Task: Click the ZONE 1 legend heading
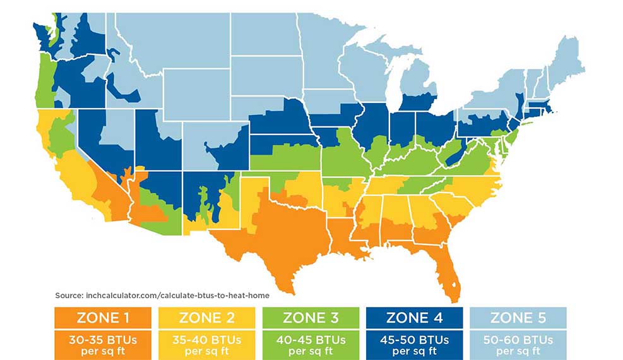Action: (x=102, y=316)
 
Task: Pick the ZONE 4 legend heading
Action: (x=414, y=316)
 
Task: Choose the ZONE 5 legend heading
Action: (x=518, y=316)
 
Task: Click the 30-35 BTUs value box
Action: (x=102, y=345)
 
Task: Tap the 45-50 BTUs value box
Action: (x=414, y=345)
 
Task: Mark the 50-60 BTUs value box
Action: (x=518, y=345)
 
